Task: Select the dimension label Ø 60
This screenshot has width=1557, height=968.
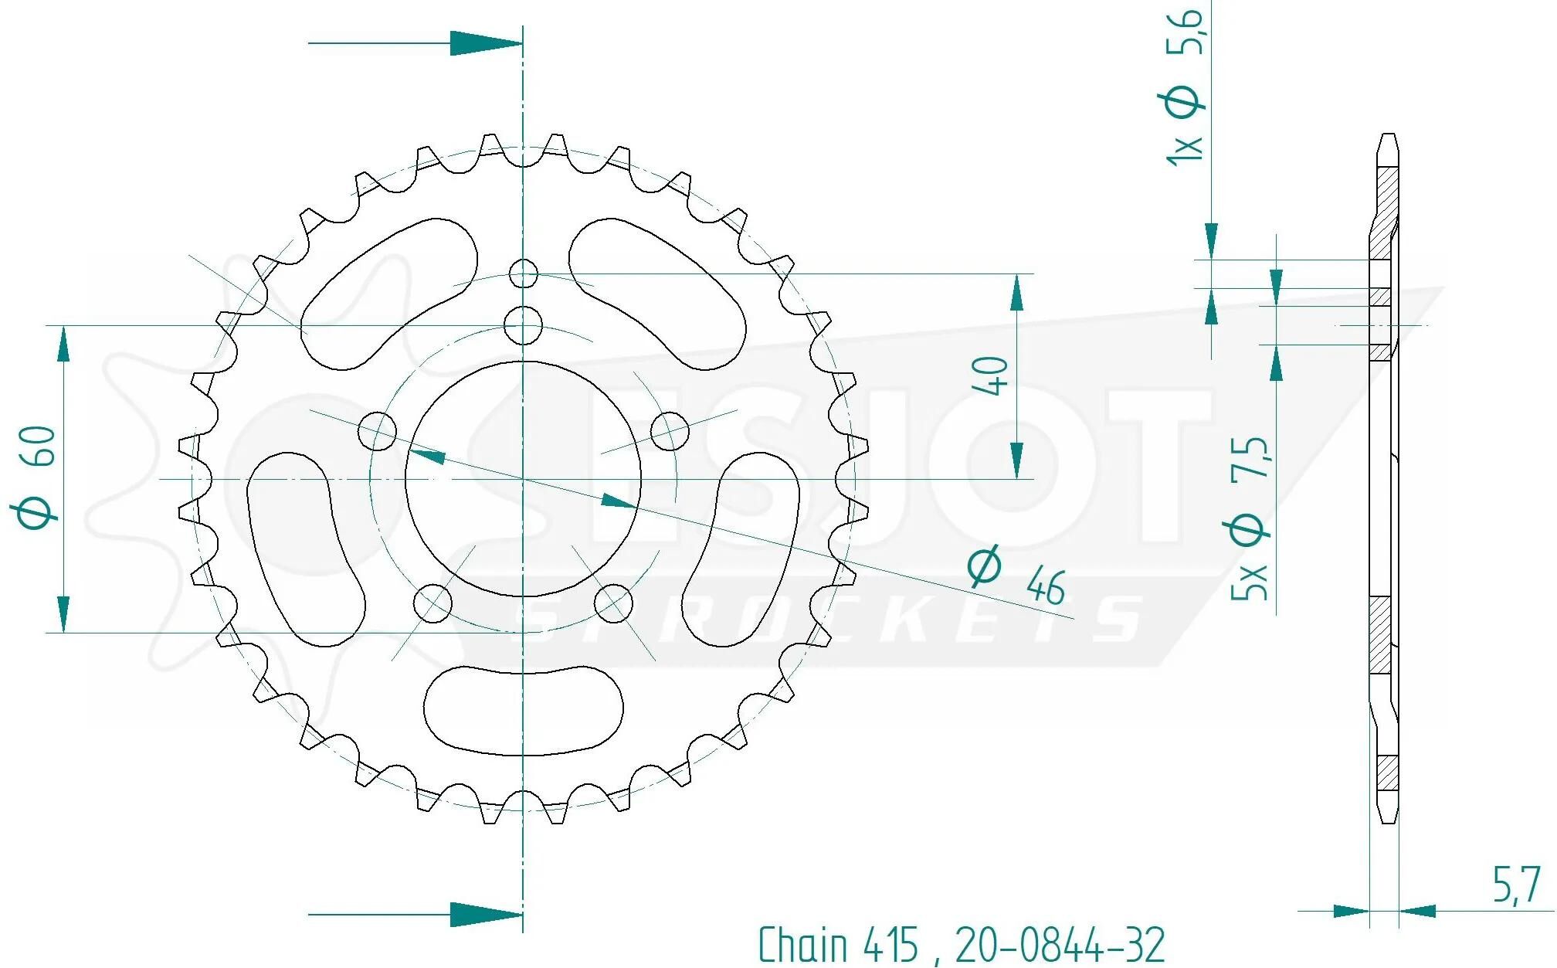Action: click(x=36, y=477)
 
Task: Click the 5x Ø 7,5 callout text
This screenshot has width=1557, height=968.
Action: click(x=1248, y=518)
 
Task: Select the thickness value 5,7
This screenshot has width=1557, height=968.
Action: click(x=1516, y=885)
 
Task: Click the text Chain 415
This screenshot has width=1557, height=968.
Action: click(x=838, y=944)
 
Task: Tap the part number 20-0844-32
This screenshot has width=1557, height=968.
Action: click(x=1060, y=944)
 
